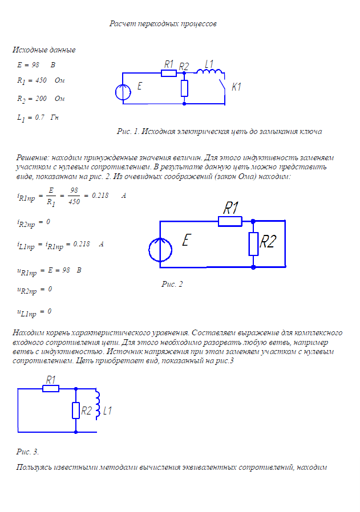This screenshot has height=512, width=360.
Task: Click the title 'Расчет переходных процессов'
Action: coord(163,24)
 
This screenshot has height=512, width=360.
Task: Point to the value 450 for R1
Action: coord(41,80)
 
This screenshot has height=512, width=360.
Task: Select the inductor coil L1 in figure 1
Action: coord(210,71)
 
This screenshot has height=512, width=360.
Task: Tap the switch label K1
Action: coord(236,87)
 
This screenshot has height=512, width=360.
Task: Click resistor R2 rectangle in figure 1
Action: coord(184,88)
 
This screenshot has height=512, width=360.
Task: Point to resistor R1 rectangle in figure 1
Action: coord(168,73)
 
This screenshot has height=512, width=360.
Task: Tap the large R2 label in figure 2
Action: coord(268,242)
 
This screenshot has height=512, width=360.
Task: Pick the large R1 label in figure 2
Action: coord(230,209)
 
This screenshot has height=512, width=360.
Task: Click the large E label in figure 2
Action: coord(185,241)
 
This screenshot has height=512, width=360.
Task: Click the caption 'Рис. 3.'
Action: coord(27,452)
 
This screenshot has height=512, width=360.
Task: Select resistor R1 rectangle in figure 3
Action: coord(51,389)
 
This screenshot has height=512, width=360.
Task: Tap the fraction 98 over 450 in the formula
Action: coord(74,196)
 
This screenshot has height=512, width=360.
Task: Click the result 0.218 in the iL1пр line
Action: coord(82,243)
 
